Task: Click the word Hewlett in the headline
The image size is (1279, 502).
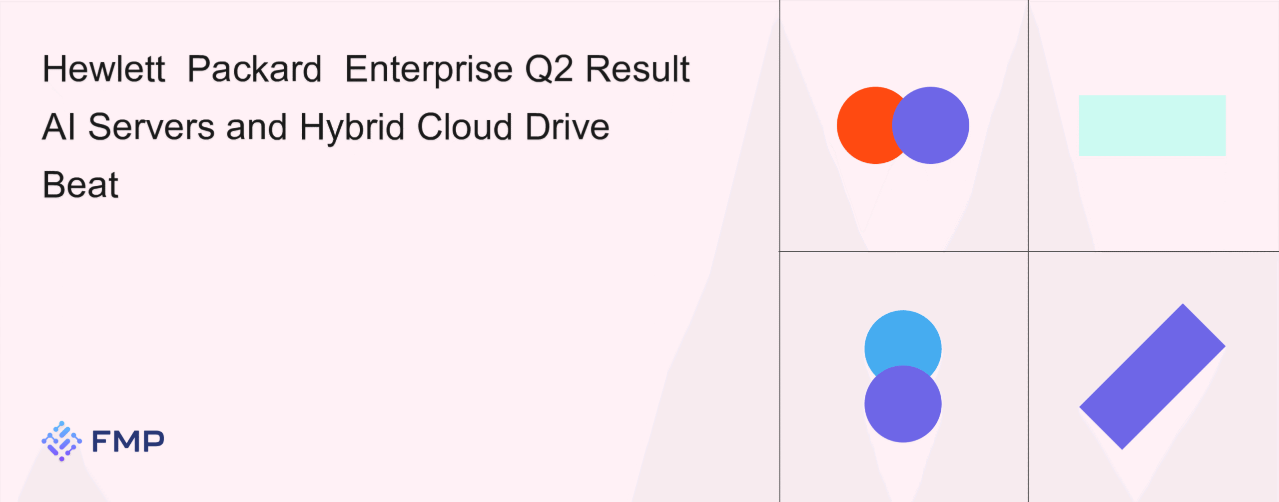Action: tap(104, 69)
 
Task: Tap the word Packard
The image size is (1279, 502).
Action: tap(254, 69)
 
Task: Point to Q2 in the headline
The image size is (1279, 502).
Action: tap(549, 69)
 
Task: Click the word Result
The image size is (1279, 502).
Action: tap(638, 69)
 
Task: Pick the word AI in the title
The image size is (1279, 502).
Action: tap(59, 127)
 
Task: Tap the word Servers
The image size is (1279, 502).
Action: tap(151, 127)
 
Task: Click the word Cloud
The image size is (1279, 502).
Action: tap(465, 127)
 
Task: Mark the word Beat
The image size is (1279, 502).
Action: tap(80, 185)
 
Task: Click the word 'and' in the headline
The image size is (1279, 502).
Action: tap(257, 127)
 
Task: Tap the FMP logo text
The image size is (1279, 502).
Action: tap(128, 441)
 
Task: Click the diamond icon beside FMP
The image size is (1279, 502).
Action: tap(61, 441)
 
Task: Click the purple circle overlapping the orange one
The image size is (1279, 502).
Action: tap(930, 125)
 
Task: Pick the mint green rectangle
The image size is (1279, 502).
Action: tap(1152, 125)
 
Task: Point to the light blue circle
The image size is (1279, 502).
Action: tap(903, 340)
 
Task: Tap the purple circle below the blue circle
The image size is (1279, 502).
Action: tap(903, 404)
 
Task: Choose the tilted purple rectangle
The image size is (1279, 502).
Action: tap(1152, 377)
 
